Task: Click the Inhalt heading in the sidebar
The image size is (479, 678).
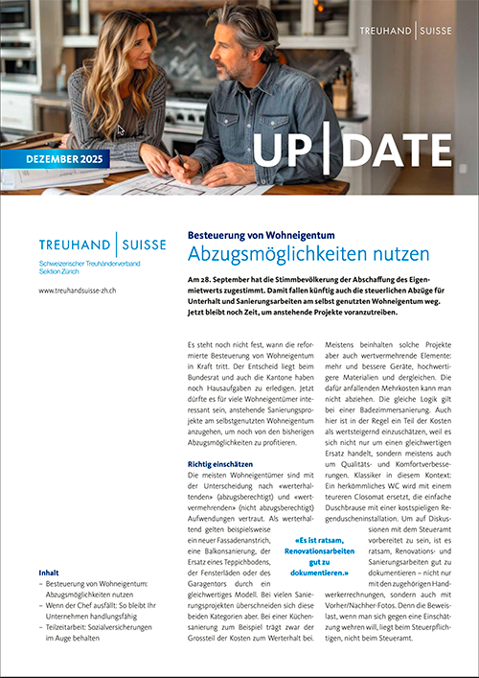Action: click(x=49, y=573)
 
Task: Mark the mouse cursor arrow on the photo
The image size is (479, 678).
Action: click(x=121, y=130)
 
